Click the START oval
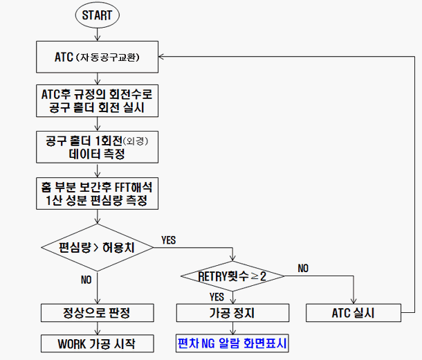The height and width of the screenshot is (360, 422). (x=98, y=15)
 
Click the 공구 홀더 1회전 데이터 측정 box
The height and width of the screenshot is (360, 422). (x=98, y=147)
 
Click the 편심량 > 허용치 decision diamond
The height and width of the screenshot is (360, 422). (x=98, y=247)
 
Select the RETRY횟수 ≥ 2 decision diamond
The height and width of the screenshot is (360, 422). (x=233, y=276)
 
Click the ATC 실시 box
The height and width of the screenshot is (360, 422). (x=354, y=313)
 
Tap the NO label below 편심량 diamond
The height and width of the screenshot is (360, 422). (x=86, y=280)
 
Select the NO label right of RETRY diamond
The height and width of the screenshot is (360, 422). (x=303, y=267)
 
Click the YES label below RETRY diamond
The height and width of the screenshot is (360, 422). (x=217, y=296)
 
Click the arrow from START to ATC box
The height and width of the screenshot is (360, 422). (x=98, y=35)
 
